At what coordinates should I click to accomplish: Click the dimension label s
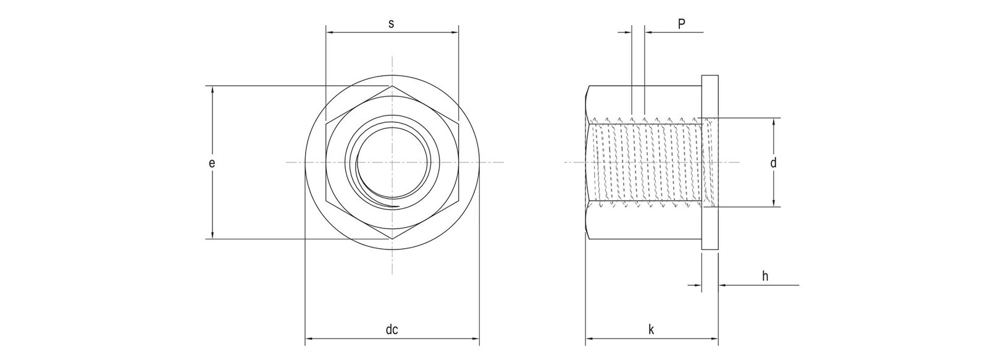(391, 24)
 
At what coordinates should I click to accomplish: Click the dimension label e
(211, 163)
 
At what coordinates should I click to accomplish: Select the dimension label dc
(391, 330)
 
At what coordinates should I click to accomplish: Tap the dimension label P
(681, 24)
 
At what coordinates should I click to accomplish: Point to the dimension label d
(772, 163)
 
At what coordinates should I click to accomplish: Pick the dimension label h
(764, 276)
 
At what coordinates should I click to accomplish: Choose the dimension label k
(651, 330)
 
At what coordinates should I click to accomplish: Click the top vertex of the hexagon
(391, 86)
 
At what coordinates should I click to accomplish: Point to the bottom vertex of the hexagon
(391, 238)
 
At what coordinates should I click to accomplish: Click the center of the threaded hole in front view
(391, 163)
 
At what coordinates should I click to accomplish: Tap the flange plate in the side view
(710, 163)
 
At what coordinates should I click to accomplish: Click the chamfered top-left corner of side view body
(587, 91)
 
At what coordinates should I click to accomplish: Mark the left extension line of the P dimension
(632, 68)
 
